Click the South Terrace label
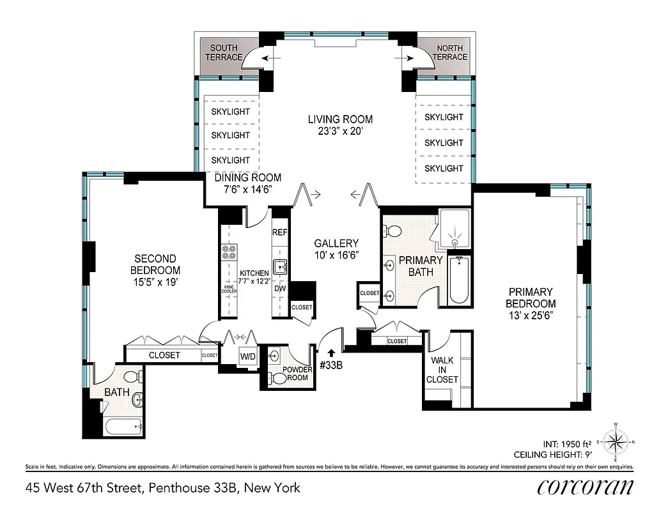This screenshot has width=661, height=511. (x=224, y=52)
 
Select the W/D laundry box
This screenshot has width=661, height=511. (x=247, y=356)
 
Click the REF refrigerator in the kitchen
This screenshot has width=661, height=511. (x=280, y=233)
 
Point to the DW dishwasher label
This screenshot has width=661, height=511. (x=280, y=288)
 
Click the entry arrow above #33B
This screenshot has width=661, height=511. (x=330, y=352)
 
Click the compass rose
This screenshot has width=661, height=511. (x=616, y=441)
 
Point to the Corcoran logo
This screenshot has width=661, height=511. (x=585, y=487)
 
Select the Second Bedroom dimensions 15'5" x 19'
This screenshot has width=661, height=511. (x=155, y=281)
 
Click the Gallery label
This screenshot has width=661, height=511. (x=336, y=243)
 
